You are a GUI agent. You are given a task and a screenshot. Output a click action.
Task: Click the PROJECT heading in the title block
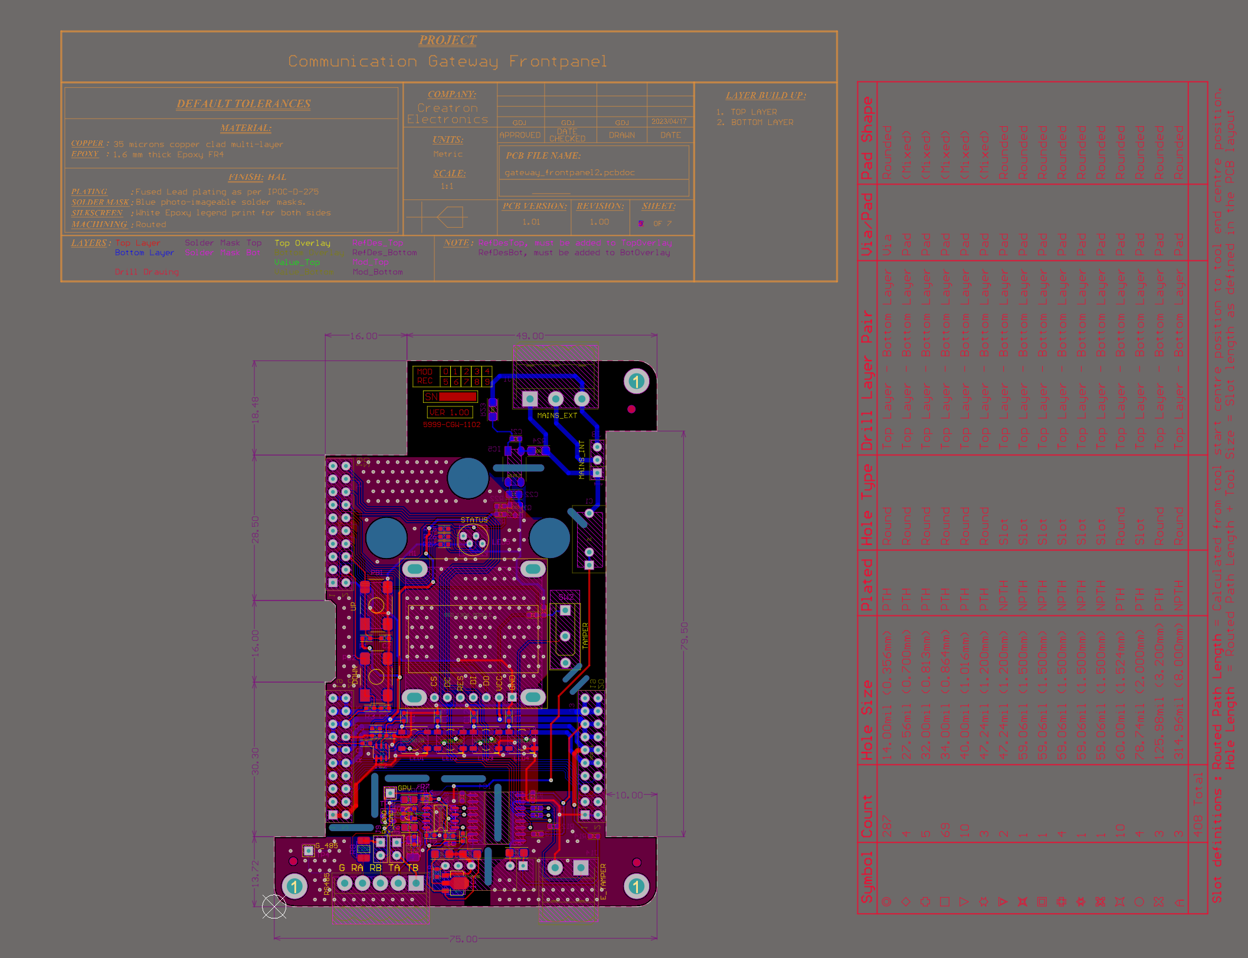(x=447, y=40)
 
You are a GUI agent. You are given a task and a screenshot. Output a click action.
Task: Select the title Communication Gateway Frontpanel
(x=447, y=61)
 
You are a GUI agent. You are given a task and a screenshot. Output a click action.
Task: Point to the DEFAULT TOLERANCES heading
(x=244, y=104)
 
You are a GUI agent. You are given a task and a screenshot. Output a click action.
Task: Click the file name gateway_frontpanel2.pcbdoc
(x=569, y=173)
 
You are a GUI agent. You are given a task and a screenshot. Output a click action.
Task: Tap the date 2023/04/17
(x=669, y=122)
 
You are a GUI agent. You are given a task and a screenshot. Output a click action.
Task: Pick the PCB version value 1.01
(x=531, y=222)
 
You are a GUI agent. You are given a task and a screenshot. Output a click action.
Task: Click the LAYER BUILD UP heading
(x=765, y=96)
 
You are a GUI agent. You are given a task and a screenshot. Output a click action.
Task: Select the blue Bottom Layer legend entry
(x=144, y=252)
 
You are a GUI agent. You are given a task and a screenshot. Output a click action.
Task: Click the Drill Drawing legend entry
(x=146, y=272)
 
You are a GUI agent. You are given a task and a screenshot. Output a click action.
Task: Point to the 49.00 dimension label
(x=530, y=336)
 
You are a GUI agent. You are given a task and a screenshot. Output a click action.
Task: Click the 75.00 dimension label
(x=463, y=939)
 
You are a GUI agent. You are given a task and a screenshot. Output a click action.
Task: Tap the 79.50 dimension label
(x=684, y=636)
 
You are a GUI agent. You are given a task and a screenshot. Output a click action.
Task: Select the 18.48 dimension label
(x=255, y=409)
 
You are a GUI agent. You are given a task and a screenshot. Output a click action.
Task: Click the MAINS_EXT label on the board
(x=557, y=416)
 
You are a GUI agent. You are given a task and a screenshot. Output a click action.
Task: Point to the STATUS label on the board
(x=474, y=520)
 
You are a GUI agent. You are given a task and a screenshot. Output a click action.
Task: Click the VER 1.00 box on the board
(x=449, y=412)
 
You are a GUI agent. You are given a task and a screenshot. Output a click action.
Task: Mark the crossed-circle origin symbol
(x=274, y=907)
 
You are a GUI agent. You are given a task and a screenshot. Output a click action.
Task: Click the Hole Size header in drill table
(x=867, y=720)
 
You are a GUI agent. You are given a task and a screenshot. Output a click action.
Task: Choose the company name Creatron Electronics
(x=447, y=114)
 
